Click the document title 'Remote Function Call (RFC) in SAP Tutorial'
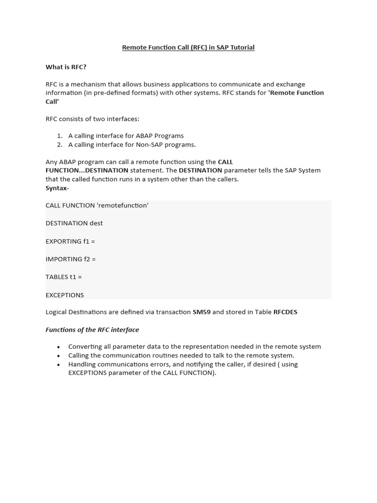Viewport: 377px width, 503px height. (x=188, y=48)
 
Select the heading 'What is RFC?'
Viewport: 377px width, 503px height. (x=66, y=67)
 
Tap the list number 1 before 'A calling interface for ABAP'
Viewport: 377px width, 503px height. (x=59, y=136)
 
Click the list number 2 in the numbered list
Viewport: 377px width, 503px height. (x=59, y=144)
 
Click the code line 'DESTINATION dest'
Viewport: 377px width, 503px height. (x=74, y=223)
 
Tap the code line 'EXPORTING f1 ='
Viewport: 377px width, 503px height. (x=70, y=241)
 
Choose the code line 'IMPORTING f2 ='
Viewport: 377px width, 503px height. (x=71, y=259)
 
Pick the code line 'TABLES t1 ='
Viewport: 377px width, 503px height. (x=64, y=277)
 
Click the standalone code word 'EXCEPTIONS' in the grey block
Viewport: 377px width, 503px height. (x=65, y=295)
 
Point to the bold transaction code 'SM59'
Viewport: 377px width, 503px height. (x=201, y=312)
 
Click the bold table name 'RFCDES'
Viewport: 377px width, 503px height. (x=285, y=312)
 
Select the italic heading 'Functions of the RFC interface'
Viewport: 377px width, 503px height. (x=92, y=330)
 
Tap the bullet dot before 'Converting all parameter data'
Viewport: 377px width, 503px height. (x=58, y=347)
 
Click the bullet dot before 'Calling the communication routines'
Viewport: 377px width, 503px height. (x=58, y=356)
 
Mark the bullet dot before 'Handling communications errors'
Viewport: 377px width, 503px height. (x=58, y=365)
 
